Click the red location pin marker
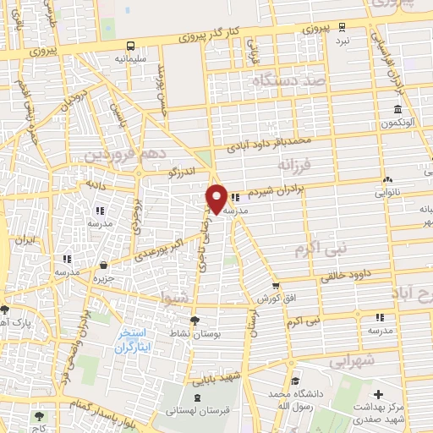(x=216, y=197)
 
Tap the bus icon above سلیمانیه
(x=129, y=47)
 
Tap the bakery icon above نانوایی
(x=387, y=179)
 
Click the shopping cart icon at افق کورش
(x=275, y=286)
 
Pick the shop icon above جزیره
(x=103, y=264)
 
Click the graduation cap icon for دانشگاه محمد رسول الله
(x=293, y=380)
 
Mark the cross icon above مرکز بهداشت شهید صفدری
(x=379, y=393)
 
